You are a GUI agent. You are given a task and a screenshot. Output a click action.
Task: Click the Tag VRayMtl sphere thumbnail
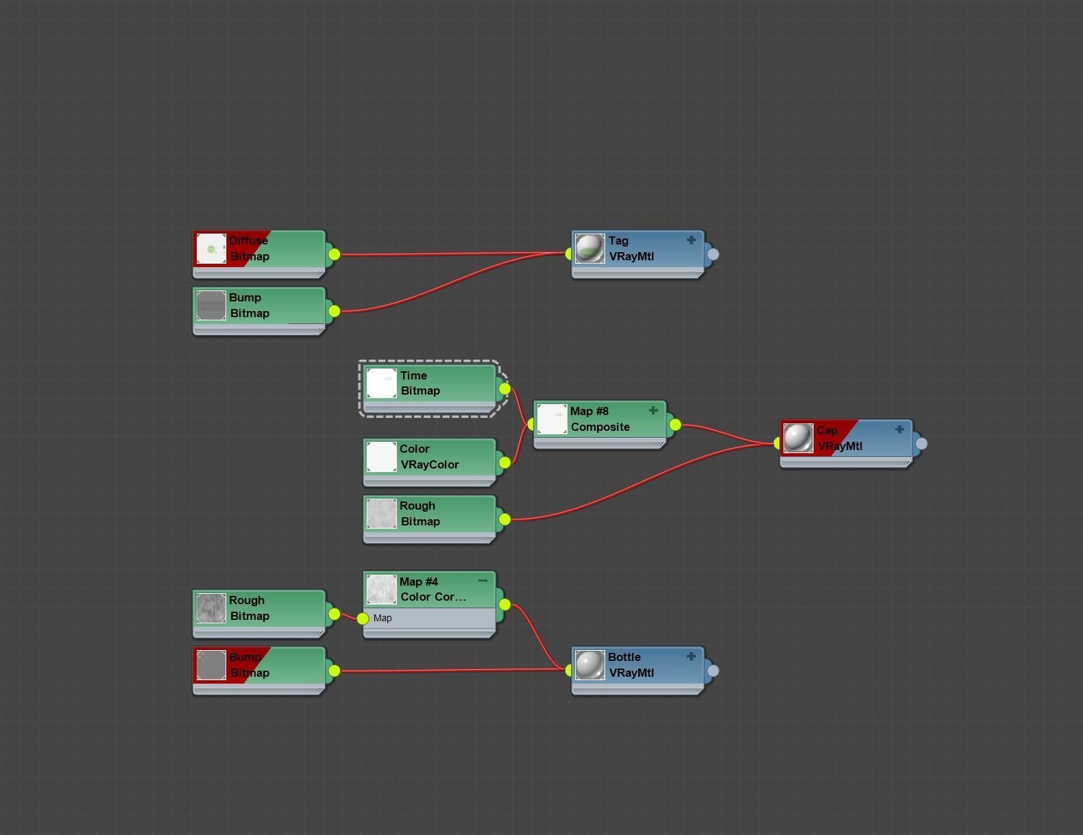[x=589, y=249]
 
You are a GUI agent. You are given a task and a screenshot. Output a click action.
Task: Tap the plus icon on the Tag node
[x=691, y=240]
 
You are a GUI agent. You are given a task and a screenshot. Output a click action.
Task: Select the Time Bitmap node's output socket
[x=504, y=389]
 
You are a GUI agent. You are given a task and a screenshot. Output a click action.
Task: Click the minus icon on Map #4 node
[x=483, y=581]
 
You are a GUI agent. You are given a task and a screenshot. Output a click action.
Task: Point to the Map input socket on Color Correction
[x=363, y=619]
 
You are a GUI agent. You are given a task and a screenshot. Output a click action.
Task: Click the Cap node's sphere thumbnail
[x=798, y=438]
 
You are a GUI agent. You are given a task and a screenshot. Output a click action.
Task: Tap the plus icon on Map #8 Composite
[x=653, y=410]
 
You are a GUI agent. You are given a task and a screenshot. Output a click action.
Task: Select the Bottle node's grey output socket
[x=713, y=671]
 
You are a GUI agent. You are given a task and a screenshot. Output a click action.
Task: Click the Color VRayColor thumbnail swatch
[x=381, y=457]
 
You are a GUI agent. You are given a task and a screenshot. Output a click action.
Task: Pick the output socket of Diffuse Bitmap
[x=334, y=254]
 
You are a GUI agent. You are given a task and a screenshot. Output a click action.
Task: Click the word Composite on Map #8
[x=600, y=427]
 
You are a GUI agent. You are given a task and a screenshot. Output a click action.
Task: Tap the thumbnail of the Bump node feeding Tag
[x=211, y=306]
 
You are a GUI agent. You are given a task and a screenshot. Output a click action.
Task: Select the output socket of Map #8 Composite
[x=675, y=425]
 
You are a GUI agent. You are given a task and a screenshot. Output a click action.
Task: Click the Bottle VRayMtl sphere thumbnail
[x=589, y=665]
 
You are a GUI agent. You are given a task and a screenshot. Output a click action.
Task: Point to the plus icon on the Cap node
[x=899, y=429]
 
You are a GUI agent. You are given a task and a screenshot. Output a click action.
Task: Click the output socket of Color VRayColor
[x=504, y=462]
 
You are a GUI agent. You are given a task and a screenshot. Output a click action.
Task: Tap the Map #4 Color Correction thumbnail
[x=381, y=590]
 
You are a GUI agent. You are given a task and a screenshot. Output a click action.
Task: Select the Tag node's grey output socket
[x=713, y=254]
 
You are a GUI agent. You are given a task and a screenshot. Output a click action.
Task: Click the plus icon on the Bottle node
[x=691, y=656]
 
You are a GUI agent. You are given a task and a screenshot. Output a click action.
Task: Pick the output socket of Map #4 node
[x=504, y=604]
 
